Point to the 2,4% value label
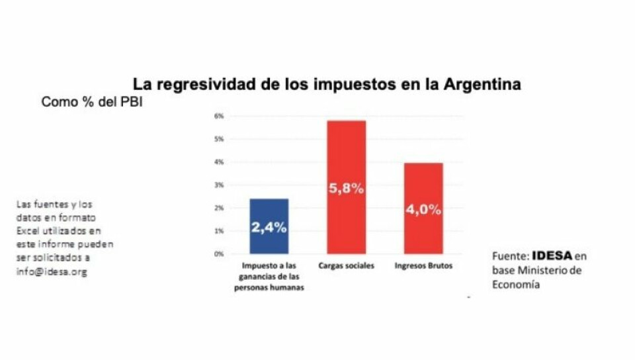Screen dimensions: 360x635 [x=269, y=228]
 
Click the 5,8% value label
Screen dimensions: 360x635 [x=347, y=189]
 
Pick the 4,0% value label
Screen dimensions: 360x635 [x=423, y=210]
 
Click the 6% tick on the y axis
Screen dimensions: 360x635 [x=219, y=116]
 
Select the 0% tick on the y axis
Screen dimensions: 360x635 [x=219, y=253]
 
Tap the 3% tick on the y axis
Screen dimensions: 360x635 [x=219, y=185]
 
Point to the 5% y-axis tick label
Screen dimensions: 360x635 [x=219, y=139]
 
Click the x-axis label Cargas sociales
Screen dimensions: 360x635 [x=347, y=266]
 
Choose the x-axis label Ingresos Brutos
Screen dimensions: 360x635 [x=423, y=266]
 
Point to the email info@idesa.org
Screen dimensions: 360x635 [x=52, y=271]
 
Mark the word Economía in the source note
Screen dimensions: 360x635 [x=516, y=285]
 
